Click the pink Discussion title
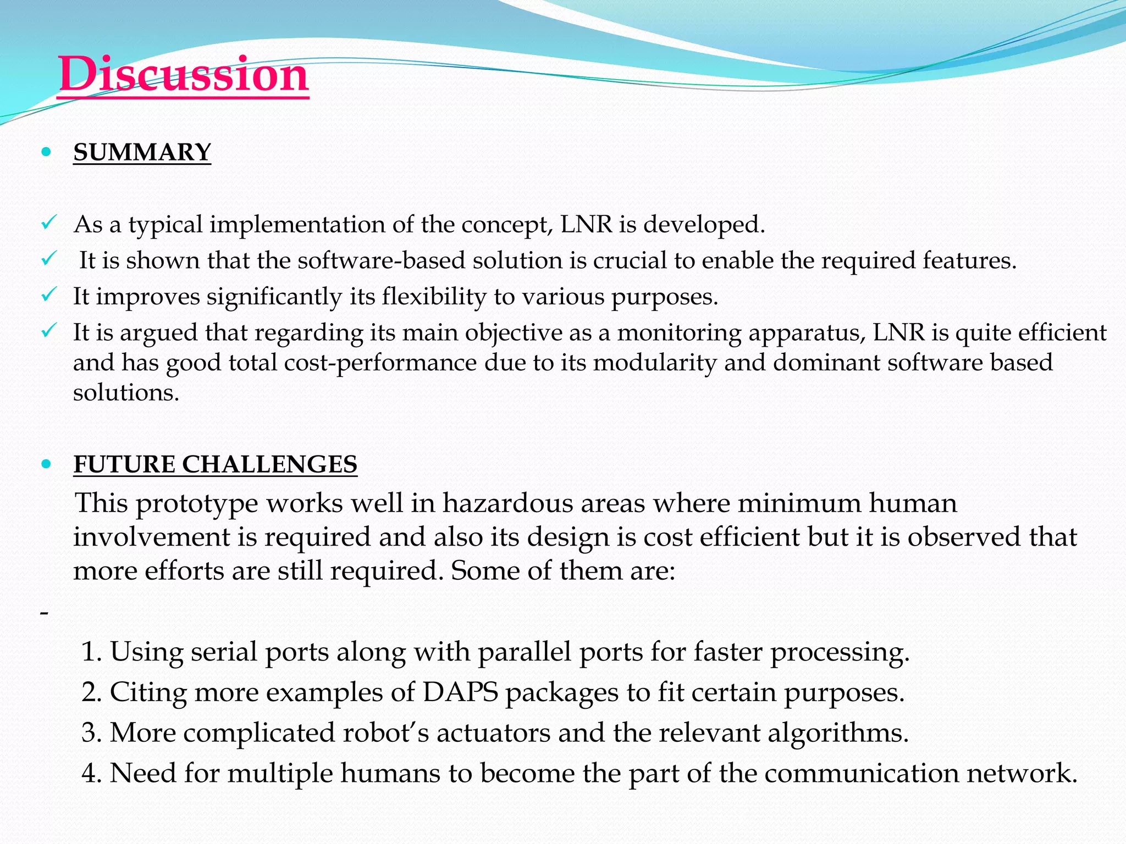(x=183, y=74)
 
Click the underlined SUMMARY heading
(x=142, y=152)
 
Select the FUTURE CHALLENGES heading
(x=215, y=464)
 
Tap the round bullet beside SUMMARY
(x=46, y=152)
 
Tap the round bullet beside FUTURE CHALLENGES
(x=46, y=464)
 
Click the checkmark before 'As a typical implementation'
(x=48, y=223)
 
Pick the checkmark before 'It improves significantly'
(x=48, y=296)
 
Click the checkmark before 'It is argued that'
(x=48, y=331)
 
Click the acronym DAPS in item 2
(x=460, y=692)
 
